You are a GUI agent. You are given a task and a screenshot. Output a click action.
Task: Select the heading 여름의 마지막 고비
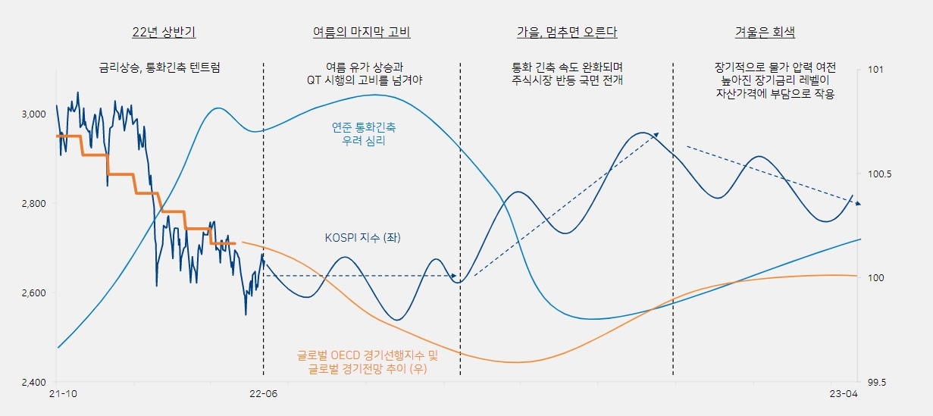pos(362,33)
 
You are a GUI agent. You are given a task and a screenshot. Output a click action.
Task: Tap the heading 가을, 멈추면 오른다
pos(566,33)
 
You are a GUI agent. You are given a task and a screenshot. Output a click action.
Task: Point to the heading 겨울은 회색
pos(765,33)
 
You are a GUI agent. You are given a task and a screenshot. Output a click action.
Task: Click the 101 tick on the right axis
pos(875,70)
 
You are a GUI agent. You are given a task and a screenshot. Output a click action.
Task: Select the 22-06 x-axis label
pos(263,395)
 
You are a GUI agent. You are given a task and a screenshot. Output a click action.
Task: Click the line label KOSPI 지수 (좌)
pos(362,238)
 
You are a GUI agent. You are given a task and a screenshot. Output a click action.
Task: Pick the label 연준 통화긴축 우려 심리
pos(363,134)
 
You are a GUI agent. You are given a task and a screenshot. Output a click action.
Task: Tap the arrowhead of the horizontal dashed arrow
pos(454,276)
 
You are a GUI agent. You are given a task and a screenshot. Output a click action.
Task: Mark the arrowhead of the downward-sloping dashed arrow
pos(857,203)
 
